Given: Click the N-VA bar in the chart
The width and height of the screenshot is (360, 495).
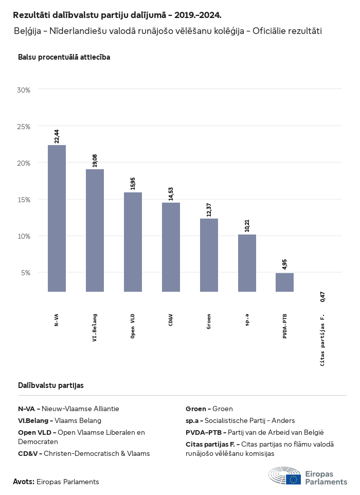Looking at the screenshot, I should (x=57, y=218).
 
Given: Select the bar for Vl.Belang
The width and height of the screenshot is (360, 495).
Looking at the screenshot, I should (x=95, y=230).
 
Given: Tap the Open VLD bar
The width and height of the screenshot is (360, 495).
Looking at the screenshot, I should (x=133, y=242).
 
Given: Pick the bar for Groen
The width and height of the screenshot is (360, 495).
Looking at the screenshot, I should (x=209, y=255).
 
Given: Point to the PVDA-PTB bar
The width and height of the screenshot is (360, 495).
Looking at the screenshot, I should (x=284, y=282).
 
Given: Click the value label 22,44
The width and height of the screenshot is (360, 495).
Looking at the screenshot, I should (x=57, y=136).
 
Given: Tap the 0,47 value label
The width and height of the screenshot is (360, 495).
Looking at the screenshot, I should (x=322, y=297).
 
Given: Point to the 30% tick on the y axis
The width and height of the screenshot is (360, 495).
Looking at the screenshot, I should (x=24, y=90).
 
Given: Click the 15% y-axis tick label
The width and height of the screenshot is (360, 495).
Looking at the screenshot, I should (x=24, y=200).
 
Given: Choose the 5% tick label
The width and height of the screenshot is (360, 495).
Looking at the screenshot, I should (x=26, y=273).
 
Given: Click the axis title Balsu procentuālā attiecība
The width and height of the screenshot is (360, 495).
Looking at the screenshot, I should (x=64, y=57).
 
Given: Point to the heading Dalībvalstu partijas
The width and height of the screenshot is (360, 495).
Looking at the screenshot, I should (x=51, y=385).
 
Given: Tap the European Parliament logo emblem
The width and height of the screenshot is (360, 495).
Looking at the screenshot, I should (x=285, y=476).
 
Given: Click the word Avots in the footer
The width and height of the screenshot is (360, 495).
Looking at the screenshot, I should (x=23, y=482).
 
